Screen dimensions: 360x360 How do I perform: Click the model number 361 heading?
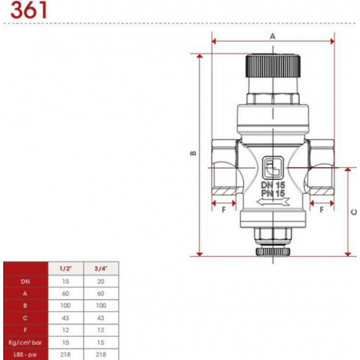(29, 10)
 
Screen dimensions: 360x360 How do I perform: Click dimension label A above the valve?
(273, 36)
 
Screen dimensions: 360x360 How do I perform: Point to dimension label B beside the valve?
(194, 154)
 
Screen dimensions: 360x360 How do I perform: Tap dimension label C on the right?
(354, 212)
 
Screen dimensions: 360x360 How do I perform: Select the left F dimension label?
(224, 210)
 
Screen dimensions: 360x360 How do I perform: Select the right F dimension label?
(322, 210)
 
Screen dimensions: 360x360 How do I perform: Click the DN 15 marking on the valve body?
(273, 185)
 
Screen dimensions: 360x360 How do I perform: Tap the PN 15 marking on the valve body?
(273, 194)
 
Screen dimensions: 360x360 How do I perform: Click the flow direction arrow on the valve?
(273, 202)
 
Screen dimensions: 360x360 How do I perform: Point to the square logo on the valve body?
(273, 168)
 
